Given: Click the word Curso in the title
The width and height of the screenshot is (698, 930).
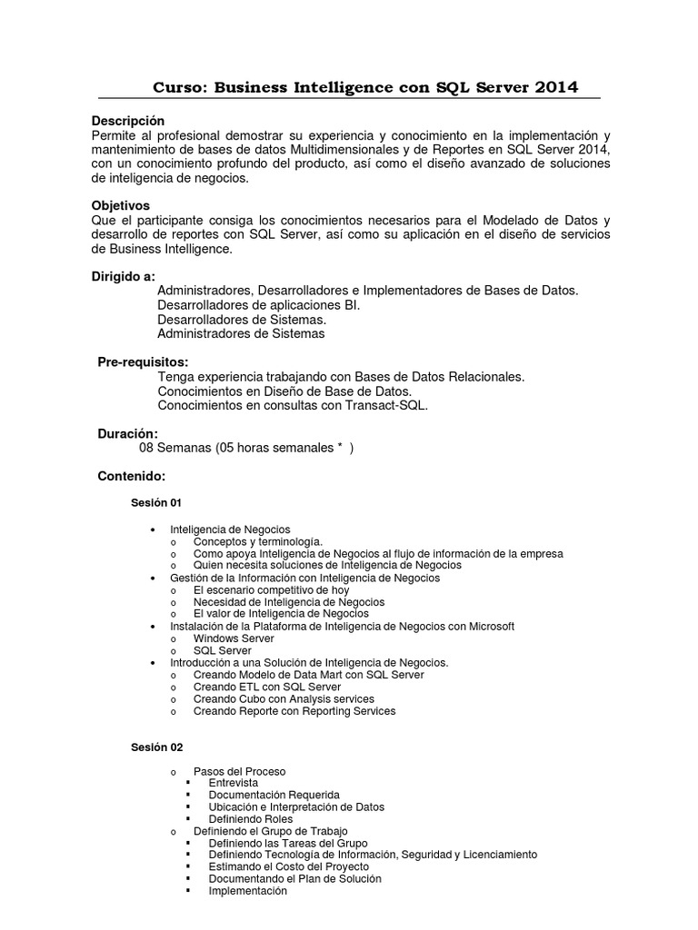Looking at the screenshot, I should click(180, 87).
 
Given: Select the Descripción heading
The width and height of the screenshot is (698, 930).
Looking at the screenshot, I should click(128, 121).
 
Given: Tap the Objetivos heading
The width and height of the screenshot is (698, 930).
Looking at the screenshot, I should click(121, 205).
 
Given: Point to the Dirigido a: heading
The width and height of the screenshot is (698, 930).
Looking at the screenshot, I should click(124, 276).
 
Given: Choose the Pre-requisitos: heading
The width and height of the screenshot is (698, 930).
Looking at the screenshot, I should click(143, 362).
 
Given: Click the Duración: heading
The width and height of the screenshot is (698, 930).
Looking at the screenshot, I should click(127, 434).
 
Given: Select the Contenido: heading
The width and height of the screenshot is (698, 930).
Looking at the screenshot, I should click(131, 476).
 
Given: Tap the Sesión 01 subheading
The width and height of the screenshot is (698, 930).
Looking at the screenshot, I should click(156, 503).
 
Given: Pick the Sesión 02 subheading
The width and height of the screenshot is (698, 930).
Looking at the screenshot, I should click(156, 747).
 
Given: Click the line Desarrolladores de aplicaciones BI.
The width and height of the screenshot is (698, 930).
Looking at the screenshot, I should click(258, 305).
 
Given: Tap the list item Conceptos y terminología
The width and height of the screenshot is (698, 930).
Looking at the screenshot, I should click(257, 541).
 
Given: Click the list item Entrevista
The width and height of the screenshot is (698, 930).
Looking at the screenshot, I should click(233, 783).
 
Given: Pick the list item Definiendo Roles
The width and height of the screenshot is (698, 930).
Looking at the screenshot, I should click(250, 818).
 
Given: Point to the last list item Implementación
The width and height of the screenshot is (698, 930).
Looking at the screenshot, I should click(247, 891).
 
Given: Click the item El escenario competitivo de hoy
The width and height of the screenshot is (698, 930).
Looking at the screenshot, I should click(271, 589).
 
